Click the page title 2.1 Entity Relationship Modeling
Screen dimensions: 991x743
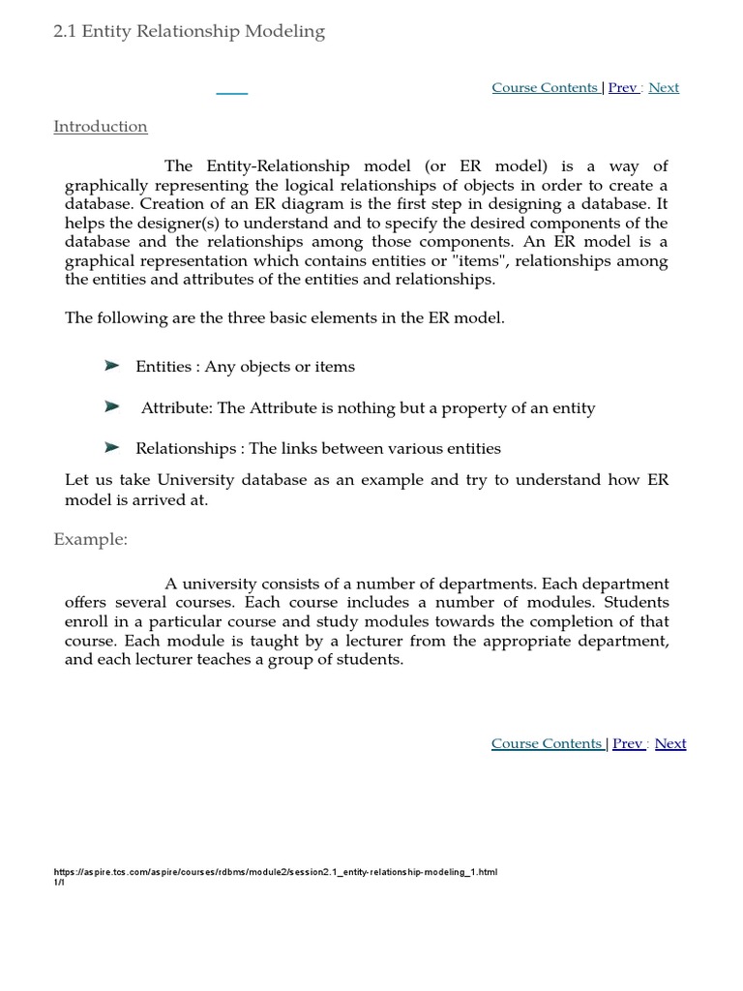pos(189,32)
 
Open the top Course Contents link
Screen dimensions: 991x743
pos(545,88)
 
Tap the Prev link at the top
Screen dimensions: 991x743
pos(622,88)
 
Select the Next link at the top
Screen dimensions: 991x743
pos(664,88)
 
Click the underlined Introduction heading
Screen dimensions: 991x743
pos(101,127)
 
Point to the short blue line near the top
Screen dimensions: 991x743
pos(231,93)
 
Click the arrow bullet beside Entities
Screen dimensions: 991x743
pos(112,366)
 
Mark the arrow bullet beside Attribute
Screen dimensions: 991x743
pos(112,407)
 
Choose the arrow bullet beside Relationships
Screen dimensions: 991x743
pos(112,447)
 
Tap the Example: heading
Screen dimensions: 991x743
pos(90,539)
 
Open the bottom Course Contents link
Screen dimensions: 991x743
pos(547,744)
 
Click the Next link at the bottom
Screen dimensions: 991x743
pos(670,744)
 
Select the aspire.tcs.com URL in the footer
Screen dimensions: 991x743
pos(276,872)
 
